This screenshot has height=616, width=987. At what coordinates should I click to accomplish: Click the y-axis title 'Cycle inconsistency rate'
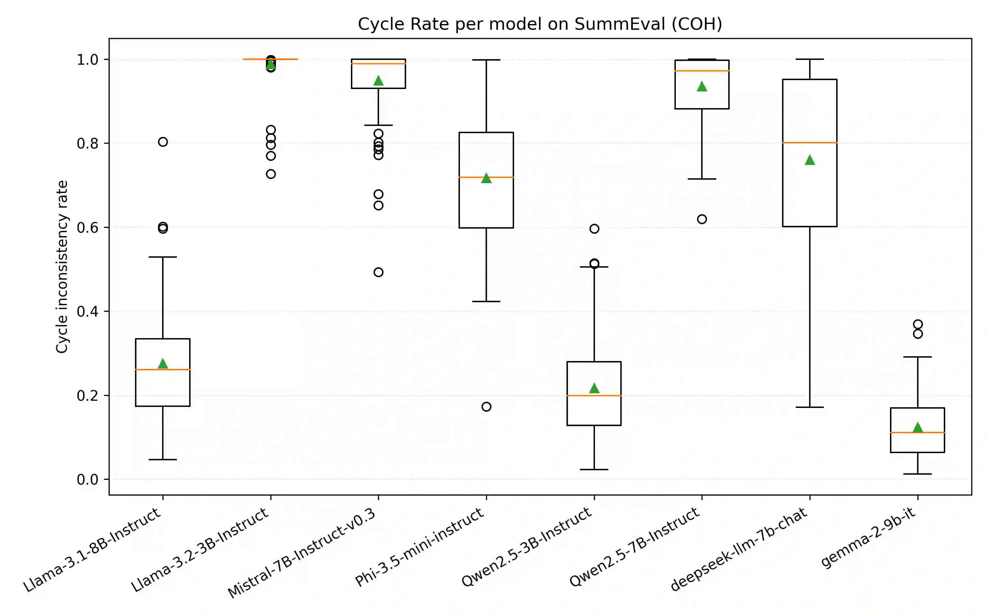coord(62,267)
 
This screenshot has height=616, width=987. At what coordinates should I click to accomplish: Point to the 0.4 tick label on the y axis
coord(87,312)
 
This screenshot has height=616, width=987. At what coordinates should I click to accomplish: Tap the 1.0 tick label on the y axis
coord(87,60)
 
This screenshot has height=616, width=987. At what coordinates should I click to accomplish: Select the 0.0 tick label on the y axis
coord(87,479)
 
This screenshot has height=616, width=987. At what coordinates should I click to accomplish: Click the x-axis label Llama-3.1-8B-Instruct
coord(93,550)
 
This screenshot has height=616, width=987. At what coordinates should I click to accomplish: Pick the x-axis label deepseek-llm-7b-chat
coord(739,549)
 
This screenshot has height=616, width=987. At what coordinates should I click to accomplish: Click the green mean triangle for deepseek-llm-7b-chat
coord(809,160)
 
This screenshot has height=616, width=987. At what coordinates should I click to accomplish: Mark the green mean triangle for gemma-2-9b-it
coord(918,427)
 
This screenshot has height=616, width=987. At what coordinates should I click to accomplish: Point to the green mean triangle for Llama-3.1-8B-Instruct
coord(163,363)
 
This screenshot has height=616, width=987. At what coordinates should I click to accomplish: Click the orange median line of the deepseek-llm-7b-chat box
coord(809,143)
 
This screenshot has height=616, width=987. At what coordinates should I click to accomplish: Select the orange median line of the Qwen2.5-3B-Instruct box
coord(594,396)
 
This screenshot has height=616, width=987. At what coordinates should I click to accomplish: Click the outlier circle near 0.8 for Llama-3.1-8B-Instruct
coord(163,142)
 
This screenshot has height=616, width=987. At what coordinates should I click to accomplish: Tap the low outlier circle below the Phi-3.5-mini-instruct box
coord(486,407)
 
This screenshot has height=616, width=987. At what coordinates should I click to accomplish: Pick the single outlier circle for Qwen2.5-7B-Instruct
coord(702,219)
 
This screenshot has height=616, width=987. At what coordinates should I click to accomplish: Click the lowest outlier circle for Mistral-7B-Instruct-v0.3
coord(378,272)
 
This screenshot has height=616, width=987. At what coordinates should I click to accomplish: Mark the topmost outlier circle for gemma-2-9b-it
coord(918,324)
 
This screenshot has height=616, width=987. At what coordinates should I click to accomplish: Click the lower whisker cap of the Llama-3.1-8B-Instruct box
coord(163,460)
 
